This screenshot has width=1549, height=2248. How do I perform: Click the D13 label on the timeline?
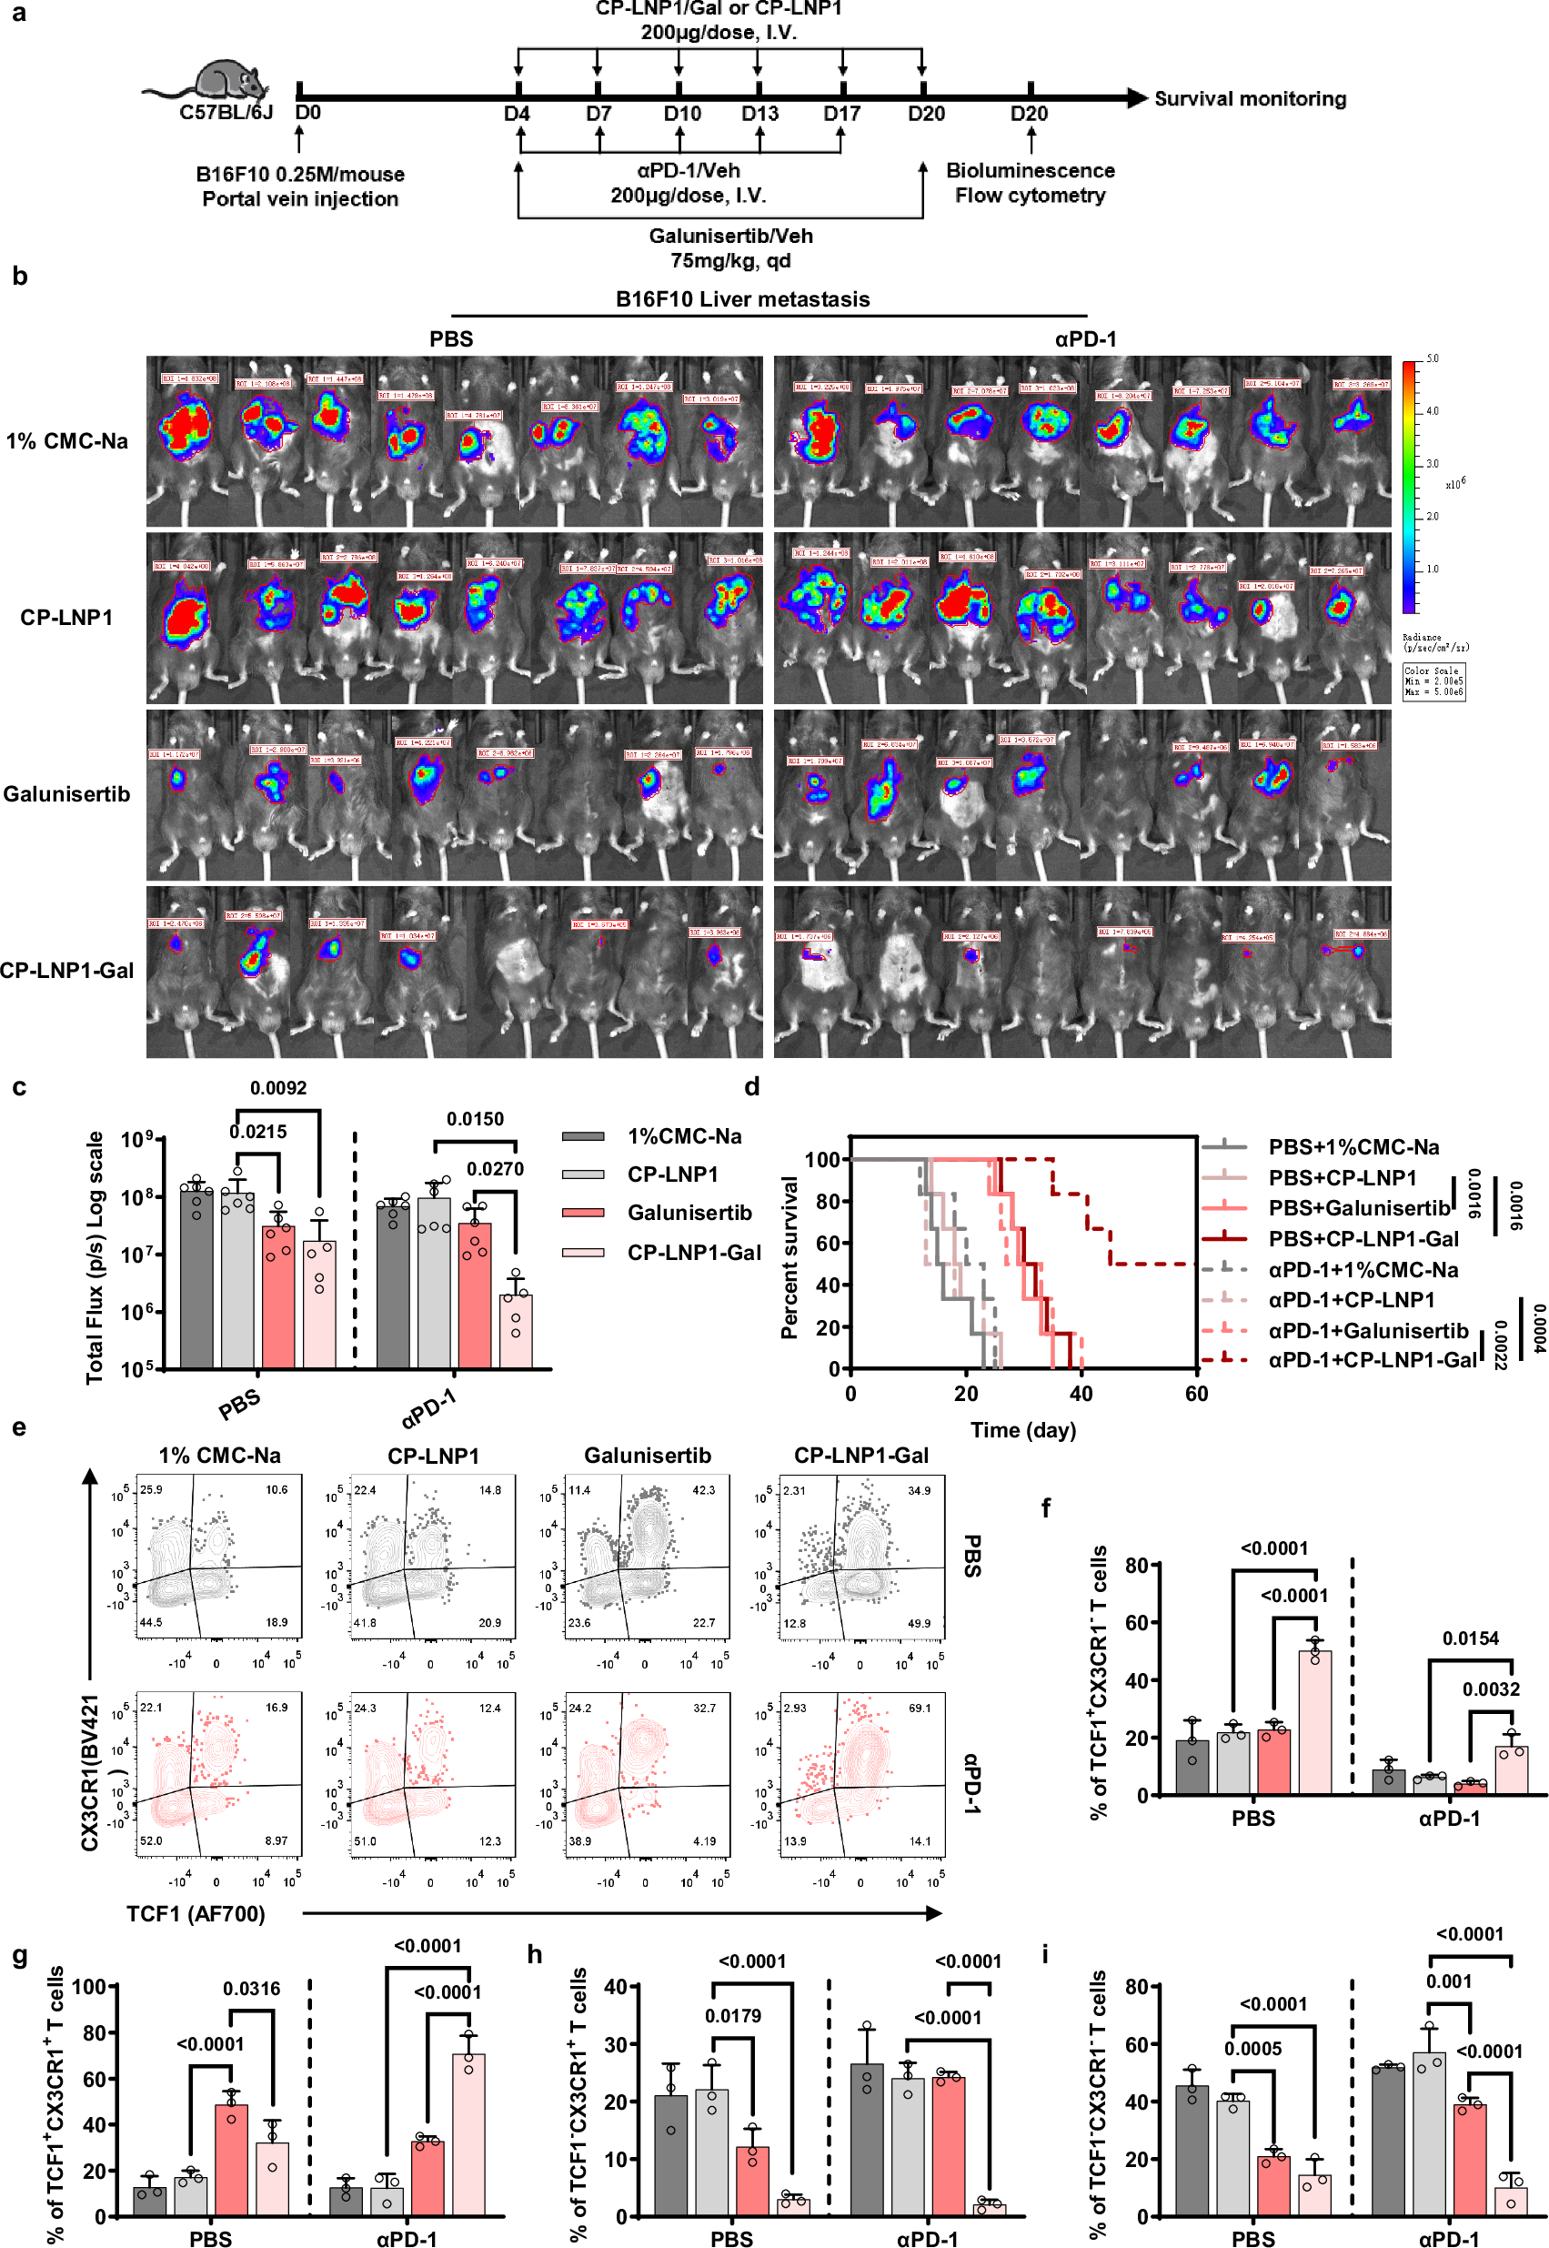[759, 115]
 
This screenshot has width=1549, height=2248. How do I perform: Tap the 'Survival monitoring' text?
[1250, 99]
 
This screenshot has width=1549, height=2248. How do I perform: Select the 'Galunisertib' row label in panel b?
[66, 795]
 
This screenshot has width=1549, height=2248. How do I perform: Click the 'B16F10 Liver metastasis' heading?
[742, 300]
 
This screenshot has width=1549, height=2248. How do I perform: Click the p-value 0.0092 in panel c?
[278, 1088]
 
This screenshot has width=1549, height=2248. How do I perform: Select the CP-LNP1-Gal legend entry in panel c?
[693, 1253]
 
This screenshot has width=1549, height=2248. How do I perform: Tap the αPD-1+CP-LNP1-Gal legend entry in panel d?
[1372, 1361]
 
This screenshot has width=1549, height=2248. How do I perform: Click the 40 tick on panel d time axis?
[1081, 1394]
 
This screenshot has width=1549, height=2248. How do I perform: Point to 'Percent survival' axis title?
[790, 1258]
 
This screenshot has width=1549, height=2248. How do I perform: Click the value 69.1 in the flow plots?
[918, 1708]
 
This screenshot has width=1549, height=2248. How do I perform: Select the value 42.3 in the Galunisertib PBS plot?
[703, 1490]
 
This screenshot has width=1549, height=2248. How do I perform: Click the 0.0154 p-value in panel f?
[1471, 1638]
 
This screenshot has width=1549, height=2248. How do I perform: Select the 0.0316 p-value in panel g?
[251, 1989]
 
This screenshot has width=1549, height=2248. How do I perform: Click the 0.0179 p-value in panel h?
[733, 2016]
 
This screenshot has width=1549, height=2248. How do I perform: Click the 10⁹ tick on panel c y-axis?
[136, 1140]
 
